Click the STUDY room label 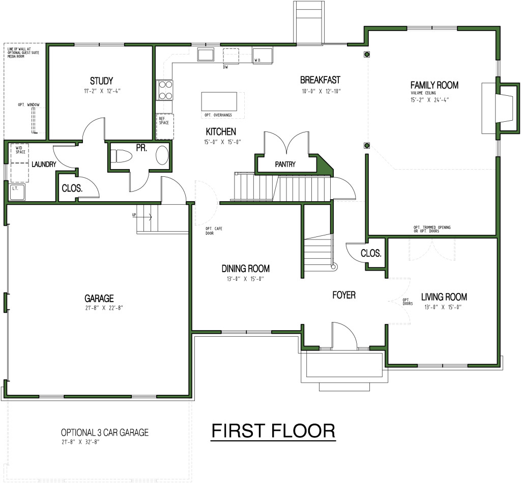click(101, 81)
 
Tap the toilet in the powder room click(121, 155)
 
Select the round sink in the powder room click(162, 155)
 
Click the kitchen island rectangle click(219, 98)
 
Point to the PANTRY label click(285, 165)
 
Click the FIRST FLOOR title click(273, 431)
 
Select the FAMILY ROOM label click(435, 85)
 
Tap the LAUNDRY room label click(43, 165)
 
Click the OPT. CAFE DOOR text click(210, 230)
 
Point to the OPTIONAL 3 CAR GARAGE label click(104, 433)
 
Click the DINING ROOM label click(245, 269)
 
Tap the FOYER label click(344, 295)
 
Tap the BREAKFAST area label click(320, 80)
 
